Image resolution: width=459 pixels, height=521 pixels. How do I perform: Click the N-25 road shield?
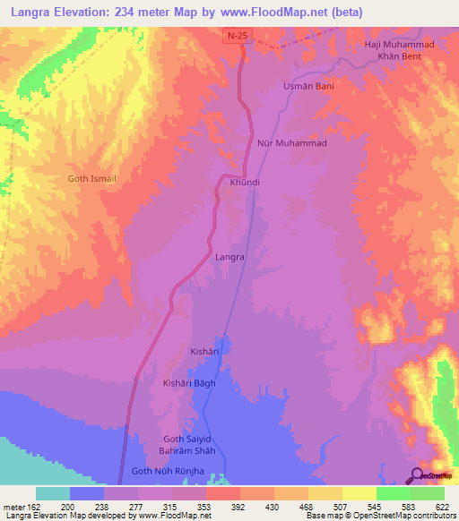[x=235, y=35]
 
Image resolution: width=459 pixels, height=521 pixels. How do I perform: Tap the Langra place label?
[x=230, y=257]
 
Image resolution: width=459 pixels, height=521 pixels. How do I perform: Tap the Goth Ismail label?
[x=92, y=178]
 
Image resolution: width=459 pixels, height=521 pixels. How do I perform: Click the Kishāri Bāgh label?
[x=189, y=383]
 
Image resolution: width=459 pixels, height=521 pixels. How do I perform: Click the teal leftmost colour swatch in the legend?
[x=53, y=493]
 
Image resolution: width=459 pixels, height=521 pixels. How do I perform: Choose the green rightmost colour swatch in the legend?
[x=427, y=493]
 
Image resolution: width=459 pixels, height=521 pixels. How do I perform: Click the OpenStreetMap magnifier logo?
[x=418, y=476]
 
